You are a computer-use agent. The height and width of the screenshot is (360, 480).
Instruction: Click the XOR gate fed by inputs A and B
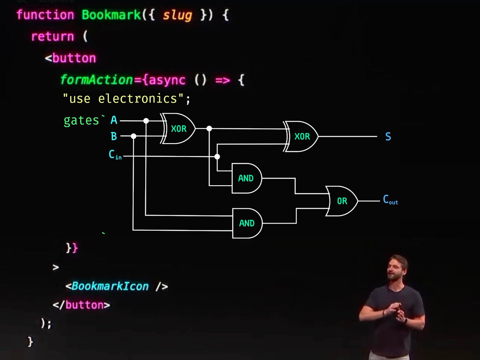[178, 129]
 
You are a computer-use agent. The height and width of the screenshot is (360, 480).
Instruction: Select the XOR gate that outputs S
[302, 136]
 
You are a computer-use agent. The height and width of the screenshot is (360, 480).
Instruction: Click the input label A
[114, 120]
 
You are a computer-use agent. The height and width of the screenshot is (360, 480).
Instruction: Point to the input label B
[114, 137]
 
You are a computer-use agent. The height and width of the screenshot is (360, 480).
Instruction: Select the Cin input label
[115, 155]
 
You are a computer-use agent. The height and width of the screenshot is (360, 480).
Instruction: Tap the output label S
[388, 137]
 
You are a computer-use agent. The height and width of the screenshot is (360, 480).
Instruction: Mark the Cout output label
[390, 200]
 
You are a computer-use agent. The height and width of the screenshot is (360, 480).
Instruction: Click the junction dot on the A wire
[146, 120]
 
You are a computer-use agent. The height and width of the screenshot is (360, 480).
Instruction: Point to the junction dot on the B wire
[134, 136]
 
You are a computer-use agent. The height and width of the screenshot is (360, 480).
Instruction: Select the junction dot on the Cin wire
[217, 156]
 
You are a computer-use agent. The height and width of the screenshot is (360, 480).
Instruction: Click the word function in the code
[45, 15]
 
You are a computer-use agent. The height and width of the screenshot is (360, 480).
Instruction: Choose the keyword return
[52, 37]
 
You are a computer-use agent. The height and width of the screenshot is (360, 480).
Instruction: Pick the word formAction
[96, 80]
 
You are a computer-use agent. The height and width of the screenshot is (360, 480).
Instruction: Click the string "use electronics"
[124, 98]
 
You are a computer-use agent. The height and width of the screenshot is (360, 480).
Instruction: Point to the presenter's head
[397, 267]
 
